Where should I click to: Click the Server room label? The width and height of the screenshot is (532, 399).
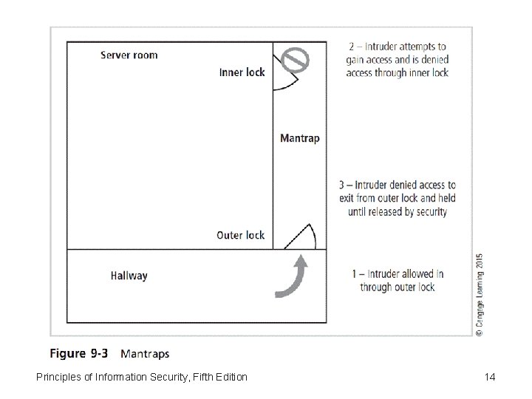click(129, 55)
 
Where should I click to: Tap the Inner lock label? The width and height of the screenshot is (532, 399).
click(242, 72)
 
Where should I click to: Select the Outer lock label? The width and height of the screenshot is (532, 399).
click(240, 235)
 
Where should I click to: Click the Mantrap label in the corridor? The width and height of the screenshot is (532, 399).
click(300, 138)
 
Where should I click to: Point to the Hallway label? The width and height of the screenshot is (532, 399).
click(129, 276)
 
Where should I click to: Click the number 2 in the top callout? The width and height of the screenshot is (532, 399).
click(352, 47)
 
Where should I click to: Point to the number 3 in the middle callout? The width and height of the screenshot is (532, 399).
click(341, 185)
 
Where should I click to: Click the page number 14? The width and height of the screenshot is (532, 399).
click(489, 378)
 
